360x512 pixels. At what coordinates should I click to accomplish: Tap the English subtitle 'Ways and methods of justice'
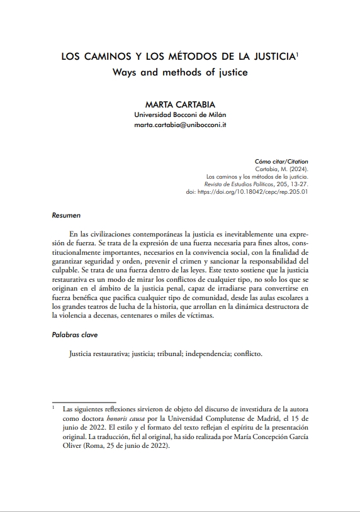(180, 72)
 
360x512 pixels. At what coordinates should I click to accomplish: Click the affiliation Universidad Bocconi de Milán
(180, 114)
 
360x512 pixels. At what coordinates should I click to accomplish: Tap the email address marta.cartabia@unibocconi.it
(180, 125)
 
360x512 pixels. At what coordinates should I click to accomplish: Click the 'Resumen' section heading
(65, 215)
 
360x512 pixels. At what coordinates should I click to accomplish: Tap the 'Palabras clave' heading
(74, 335)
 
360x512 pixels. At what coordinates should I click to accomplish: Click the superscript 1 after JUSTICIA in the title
(297, 54)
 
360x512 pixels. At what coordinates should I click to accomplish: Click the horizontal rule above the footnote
(84, 401)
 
